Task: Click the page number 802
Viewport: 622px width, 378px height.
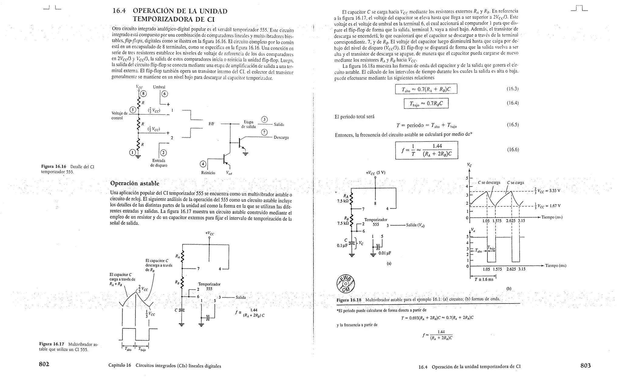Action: click(x=44, y=364)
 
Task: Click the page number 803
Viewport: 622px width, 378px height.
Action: click(x=585, y=366)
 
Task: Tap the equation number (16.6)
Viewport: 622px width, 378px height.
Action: click(x=513, y=149)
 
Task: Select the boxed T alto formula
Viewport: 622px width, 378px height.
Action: click(x=426, y=89)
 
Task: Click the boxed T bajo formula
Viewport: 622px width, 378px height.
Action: click(x=426, y=104)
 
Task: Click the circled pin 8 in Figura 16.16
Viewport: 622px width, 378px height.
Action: click(x=143, y=94)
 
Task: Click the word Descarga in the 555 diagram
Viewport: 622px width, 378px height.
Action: click(x=281, y=137)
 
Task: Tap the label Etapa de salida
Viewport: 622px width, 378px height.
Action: click(x=248, y=124)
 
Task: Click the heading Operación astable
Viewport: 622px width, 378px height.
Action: click(x=135, y=183)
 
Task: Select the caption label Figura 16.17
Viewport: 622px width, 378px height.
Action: click(x=52, y=344)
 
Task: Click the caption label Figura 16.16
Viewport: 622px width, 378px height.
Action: click(x=53, y=167)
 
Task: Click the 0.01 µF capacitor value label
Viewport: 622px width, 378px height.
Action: click(x=384, y=253)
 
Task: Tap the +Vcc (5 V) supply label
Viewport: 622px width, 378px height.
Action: click(x=375, y=173)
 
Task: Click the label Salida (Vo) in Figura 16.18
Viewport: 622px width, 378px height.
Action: click(x=415, y=225)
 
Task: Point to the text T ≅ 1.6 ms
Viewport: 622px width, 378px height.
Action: click(x=484, y=279)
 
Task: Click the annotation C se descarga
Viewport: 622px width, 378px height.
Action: click(x=489, y=183)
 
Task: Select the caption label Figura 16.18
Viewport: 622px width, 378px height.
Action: click(x=349, y=300)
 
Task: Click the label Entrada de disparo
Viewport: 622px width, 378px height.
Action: click(x=159, y=163)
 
